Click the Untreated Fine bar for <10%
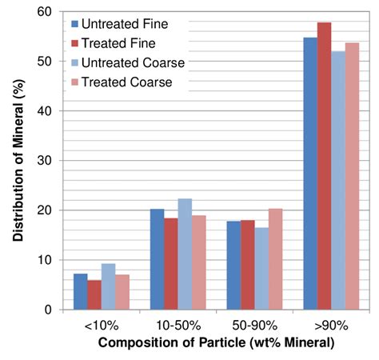(x=80, y=291)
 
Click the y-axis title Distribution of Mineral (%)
(x=18, y=160)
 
